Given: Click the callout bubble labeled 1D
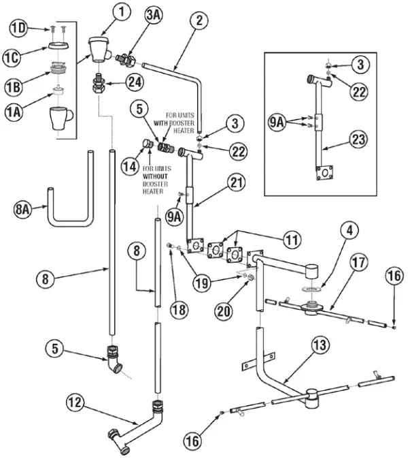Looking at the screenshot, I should point(18,27).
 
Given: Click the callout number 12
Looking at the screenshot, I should point(75,403).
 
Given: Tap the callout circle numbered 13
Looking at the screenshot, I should point(319,345).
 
